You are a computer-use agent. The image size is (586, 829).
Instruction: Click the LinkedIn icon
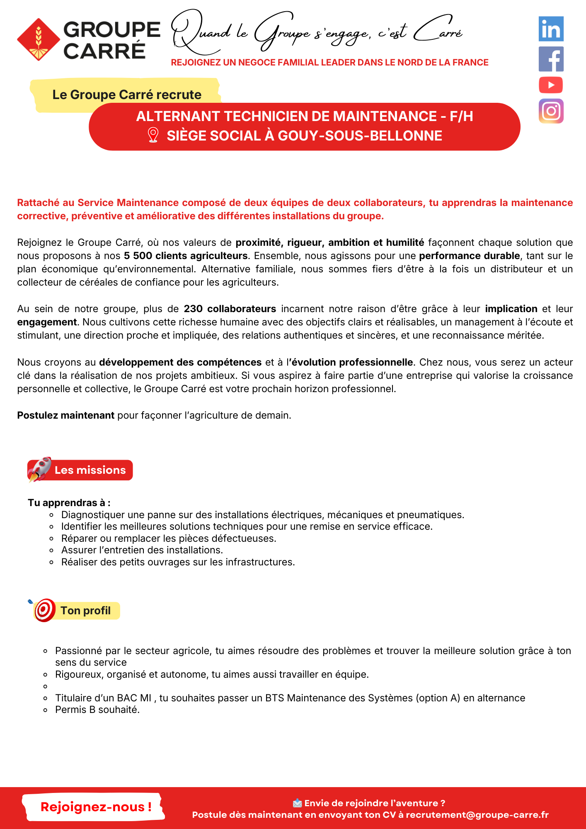point(551,29)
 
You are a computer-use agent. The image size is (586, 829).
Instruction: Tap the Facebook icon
point(551,59)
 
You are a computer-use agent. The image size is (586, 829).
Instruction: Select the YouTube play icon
point(551,85)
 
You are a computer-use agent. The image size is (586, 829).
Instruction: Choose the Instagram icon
point(551,111)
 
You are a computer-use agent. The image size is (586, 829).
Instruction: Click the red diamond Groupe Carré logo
point(39,39)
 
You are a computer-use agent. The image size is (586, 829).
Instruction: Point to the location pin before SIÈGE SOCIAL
point(153,135)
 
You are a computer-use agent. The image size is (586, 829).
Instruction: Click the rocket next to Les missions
point(39,469)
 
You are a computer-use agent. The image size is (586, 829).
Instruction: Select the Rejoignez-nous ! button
point(95,807)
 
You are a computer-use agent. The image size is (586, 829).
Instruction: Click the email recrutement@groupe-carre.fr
point(477,815)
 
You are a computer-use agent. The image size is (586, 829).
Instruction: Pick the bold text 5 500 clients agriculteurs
point(186,256)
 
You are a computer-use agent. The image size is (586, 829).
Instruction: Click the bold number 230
point(193,309)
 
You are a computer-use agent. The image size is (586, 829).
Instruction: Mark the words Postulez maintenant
point(65,415)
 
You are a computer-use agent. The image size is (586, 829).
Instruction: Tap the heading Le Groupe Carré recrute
point(127,95)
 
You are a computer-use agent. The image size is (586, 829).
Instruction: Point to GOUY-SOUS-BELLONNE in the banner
point(360,136)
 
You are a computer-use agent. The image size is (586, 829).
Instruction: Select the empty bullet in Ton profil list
point(46,686)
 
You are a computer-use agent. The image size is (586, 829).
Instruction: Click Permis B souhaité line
point(97,710)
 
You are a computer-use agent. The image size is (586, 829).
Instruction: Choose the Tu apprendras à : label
point(69,503)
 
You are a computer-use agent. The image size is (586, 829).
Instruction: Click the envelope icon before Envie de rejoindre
point(297,803)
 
